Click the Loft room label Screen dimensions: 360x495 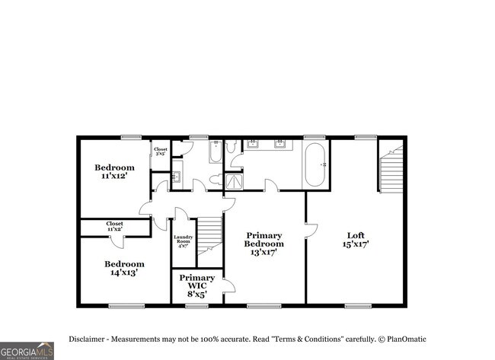coord(356,241)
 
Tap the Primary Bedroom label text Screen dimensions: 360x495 coord(263,244)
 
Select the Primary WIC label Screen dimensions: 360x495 coord(196,282)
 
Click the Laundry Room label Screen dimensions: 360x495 coord(183,241)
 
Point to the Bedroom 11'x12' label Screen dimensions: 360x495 coord(114,171)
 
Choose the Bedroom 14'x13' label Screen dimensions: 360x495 coord(124,268)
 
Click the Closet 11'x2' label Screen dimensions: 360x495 coord(114,226)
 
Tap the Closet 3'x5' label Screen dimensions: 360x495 coord(161,151)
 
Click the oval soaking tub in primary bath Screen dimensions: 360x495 coord(315,165)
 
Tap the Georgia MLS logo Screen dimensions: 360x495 coord(27,350)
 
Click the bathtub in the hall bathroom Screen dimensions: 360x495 coord(215,152)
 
